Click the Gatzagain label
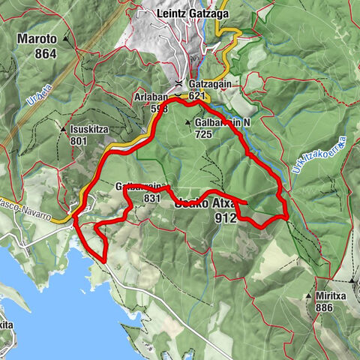[206, 85]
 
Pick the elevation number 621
[197, 96]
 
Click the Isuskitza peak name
[90, 129]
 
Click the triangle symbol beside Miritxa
[308, 296]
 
